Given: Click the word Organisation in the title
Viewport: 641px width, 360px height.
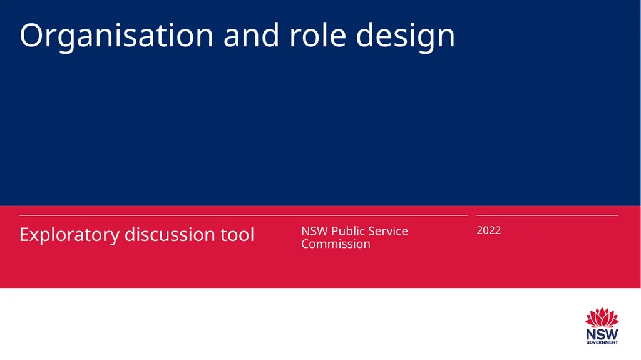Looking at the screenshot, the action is pyautogui.click(x=116, y=36).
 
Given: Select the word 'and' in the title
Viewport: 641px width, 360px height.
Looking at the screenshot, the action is pyautogui.click(x=252, y=35).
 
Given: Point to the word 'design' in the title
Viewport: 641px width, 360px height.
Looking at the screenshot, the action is pyautogui.click(x=406, y=38).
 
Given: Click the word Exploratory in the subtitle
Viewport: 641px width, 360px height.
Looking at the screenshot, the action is pyautogui.click(x=69, y=235).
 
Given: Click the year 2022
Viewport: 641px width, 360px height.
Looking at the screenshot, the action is pyautogui.click(x=488, y=230).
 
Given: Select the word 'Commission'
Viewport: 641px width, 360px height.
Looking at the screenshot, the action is pyautogui.click(x=336, y=244).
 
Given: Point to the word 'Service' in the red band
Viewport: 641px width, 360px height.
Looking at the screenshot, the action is pyautogui.click(x=388, y=231).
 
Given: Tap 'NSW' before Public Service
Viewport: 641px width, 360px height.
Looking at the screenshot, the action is pyautogui.click(x=314, y=231).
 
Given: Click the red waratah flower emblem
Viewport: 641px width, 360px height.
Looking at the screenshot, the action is pyautogui.click(x=602, y=317).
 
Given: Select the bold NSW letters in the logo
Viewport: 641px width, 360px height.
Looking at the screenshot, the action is pyautogui.click(x=602, y=334).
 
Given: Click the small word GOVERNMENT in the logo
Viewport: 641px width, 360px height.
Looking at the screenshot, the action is pyautogui.click(x=602, y=342).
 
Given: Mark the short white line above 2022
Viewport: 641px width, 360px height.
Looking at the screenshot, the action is pyautogui.click(x=547, y=215).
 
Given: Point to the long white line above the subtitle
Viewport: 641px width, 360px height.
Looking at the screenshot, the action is pyautogui.click(x=243, y=215).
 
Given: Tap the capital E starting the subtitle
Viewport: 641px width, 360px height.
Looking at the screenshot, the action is pyautogui.click(x=24, y=234).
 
